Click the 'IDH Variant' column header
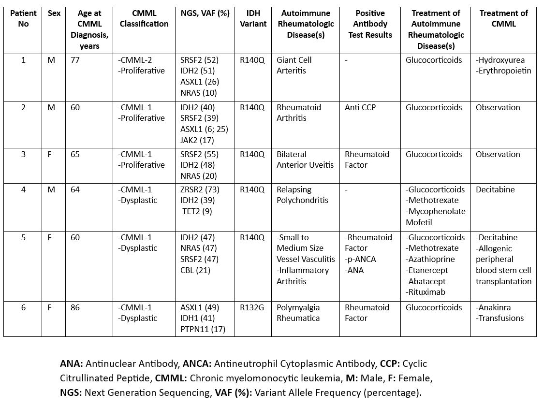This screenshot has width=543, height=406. pyautogui.click(x=253, y=18)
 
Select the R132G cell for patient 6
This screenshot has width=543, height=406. pyautogui.click(x=252, y=307)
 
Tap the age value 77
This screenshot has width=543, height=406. pyautogui.click(x=75, y=60)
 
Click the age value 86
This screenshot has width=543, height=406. pyautogui.click(x=75, y=307)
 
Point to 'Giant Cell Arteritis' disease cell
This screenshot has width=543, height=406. pyautogui.click(x=294, y=65)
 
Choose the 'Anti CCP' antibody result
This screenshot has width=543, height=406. pyautogui.click(x=360, y=107)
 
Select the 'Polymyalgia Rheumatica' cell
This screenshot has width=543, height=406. pyautogui.click(x=299, y=313)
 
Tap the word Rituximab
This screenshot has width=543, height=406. pyautogui.click(x=426, y=292)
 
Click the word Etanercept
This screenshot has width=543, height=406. pyautogui.click(x=427, y=270)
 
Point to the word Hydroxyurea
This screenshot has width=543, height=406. pyautogui.click(x=500, y=60)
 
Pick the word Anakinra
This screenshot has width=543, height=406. pyautogui.click(x=494, y=307)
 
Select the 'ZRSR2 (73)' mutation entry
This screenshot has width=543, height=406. pyautogui.click(x=200, y=189)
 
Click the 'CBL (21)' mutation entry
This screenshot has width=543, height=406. pyautogui.click(x=195, y=270)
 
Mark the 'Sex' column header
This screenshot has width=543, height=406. pyautogui.click(x=54, y=13)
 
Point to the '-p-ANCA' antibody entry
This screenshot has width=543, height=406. pyautogui.click(x=361, y=259)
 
